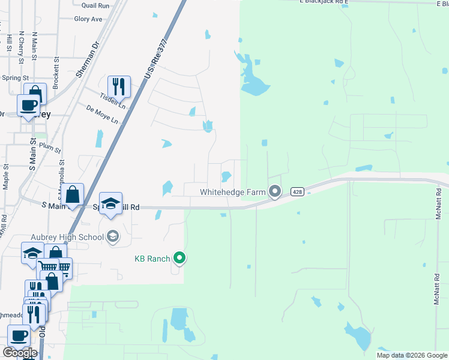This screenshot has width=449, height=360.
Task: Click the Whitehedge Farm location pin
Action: [276, 191]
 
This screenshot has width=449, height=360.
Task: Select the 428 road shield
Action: [297, 192]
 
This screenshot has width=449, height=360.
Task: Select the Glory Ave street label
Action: [88, 19]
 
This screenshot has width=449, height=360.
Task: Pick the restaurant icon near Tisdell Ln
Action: [119, 86]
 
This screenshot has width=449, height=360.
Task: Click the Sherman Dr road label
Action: [88, 60]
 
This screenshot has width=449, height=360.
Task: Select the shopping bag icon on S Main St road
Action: [73, 194]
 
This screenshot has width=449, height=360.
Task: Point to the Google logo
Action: [20, 353]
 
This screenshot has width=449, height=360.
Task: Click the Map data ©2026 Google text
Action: [412, 355]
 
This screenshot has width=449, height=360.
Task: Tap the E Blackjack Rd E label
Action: [324, 2]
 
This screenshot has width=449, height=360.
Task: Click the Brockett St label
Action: [56, 73]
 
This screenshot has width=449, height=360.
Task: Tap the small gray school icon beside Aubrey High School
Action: [112, 237]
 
